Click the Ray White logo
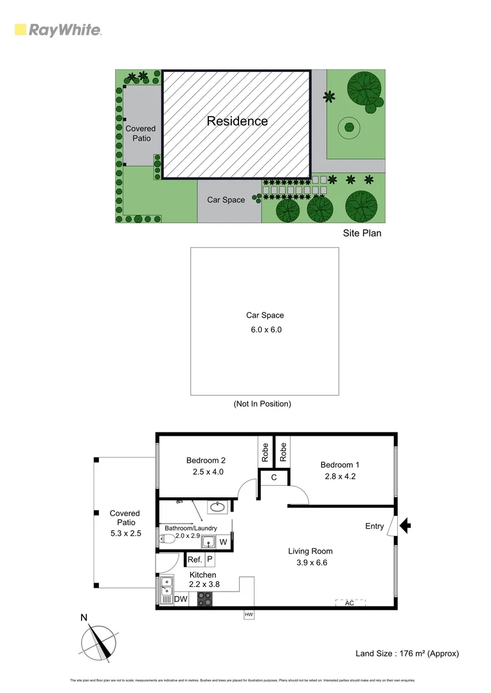tap(57, 30)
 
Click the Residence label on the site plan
tap(237, 121)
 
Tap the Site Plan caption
tap(362, 233)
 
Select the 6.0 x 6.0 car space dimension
tap(265, 330)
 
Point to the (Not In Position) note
tap(262, 404)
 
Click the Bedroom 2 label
tap(206, 460)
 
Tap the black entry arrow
tap(405, 526)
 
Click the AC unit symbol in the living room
tap(350, 603)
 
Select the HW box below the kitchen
tap(249, 615)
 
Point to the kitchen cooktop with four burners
tap(205, 599)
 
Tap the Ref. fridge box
tap(195, 560)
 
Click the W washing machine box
tap(222, 542)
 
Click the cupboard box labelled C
tap(274, 477)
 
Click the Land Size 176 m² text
tap(407, 653)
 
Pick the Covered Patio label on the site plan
tap(140, 133)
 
